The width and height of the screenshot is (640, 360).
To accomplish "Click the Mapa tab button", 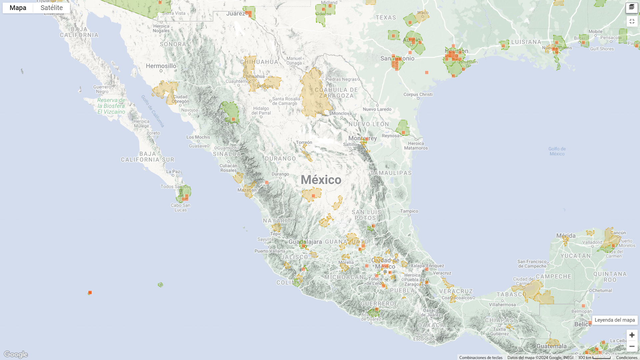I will click(x=18, y=8).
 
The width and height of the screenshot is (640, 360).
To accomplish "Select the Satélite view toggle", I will click(x=52, y=8).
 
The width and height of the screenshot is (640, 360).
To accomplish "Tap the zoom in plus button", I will click(x=632, y=335).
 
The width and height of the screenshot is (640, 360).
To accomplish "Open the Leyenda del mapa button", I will click(x=615, y=320).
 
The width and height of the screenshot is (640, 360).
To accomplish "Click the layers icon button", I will click(x=632, y=7).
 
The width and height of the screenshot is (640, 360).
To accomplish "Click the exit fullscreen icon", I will click(x=632, y=21).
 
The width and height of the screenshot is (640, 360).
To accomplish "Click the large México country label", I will click(x=321, y=180).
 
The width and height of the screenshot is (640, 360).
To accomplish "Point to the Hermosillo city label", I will click(x=161, y=66).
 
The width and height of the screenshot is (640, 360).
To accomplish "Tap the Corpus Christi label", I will click(x=418, y=94).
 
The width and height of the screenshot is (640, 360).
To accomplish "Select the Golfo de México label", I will click(x=557, y=151).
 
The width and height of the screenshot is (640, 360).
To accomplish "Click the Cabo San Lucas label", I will click(x=181, y=207).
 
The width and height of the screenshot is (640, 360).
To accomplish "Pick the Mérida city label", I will click(x=566, y=236).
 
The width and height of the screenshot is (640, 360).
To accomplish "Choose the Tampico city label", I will click(x=409, y=211).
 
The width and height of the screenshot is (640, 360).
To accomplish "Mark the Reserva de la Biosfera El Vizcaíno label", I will click(x=111, y=106).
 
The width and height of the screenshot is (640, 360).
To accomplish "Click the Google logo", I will click(x=16, y=354).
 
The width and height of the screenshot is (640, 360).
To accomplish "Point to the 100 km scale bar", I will click(x=594, y=357).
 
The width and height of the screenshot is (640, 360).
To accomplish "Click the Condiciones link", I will click(x=627, y=358).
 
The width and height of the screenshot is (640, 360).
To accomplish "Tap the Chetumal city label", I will click(x=602, y=290).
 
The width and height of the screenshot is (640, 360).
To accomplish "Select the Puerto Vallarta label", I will click(x=270, y=251).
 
